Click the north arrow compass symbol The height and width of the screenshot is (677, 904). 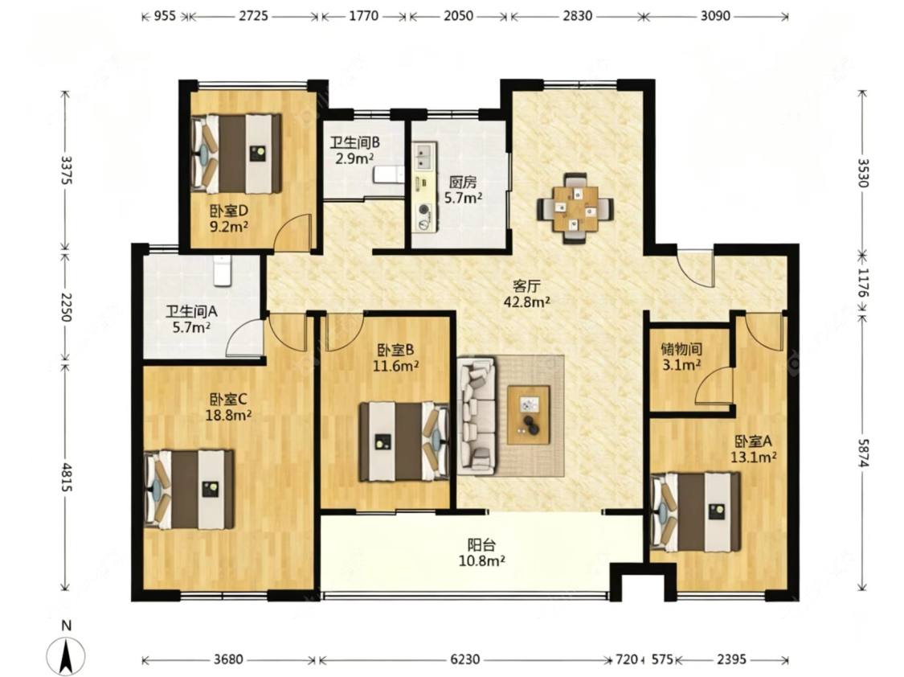coord(67,655)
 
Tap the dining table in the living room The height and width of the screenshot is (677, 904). coord(575,208)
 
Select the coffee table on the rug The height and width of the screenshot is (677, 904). coord(528,415)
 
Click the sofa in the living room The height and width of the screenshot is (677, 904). coord(477,416)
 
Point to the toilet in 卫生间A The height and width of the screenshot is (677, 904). coord(223,270)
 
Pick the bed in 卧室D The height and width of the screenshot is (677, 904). coord(236,154)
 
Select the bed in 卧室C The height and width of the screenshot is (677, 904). coord(189,490)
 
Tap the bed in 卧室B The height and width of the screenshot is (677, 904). coord(404,441)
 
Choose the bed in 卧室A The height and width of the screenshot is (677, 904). coord(695,512)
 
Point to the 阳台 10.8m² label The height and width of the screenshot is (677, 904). coord(482,552)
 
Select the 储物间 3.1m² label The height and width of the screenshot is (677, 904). coord(681,356)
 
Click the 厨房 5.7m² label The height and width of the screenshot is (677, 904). coord(463,191)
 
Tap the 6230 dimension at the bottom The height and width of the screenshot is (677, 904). coord(464,659)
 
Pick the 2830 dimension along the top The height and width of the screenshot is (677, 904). coord(577,16)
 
